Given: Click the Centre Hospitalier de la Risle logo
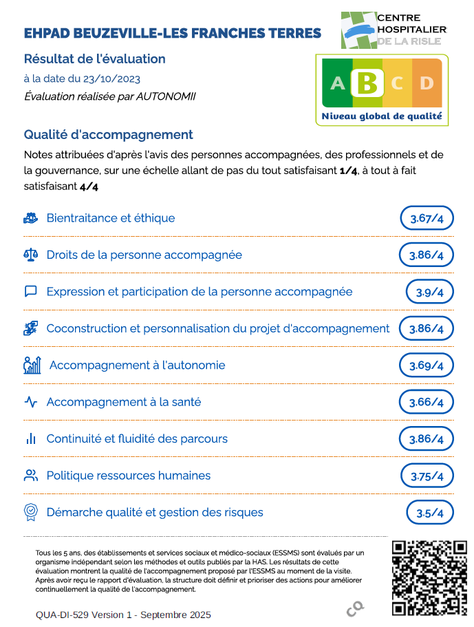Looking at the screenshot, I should [x=394, y=30].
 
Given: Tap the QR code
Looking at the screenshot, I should [x=429, y=577].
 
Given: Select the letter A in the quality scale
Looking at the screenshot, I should [x=337, y=84].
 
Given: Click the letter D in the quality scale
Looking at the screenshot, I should [x=427, y=84].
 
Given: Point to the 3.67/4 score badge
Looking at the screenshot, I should [x=427, y=219].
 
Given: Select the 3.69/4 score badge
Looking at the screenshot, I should [x=427, y=365].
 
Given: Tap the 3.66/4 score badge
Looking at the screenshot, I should [x=427, y=403].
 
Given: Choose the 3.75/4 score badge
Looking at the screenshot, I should [x=427, y=476].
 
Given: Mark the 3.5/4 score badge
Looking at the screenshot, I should [x=429, y=513].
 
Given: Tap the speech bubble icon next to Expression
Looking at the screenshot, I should [x=30, y=292].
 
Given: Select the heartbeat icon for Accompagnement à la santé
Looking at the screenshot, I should [x=30, y=403].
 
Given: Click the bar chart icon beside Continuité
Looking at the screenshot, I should [x=30, y=439].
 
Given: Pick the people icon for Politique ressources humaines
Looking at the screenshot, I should [x=30, y=476].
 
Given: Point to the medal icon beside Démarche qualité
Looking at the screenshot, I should [x=30, y=512].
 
